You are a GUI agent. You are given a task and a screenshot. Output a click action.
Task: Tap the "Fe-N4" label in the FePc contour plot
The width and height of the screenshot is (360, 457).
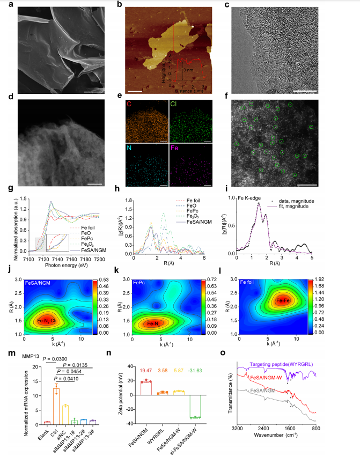(x=157, y=323)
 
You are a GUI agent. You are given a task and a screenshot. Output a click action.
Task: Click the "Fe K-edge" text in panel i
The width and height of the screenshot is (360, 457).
(x=251, y=198)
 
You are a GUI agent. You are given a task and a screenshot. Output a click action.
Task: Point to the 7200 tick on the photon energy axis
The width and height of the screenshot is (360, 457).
(x=98, y=258)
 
